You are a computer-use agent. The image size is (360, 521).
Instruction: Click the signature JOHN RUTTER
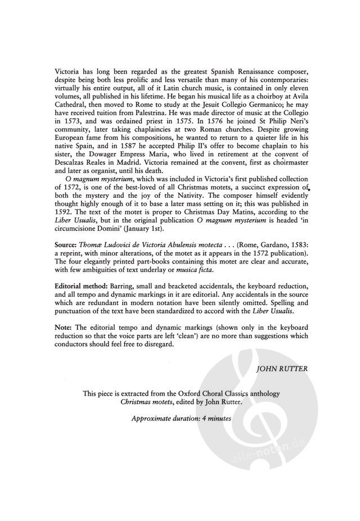281,370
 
